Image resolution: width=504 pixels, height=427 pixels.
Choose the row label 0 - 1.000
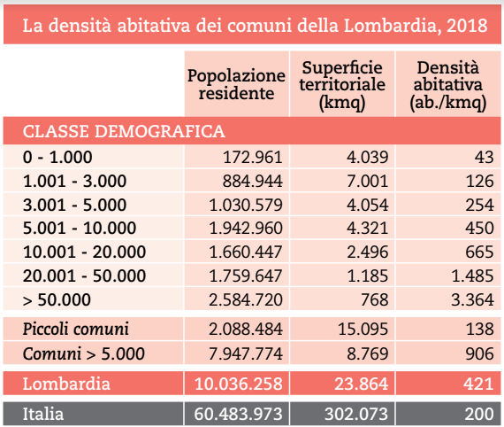click(x=57, y=158)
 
